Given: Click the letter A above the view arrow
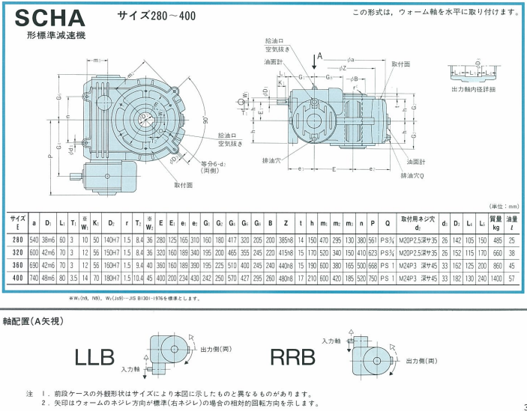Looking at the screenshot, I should click(x=320, y=56).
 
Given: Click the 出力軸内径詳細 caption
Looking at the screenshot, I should click(x=475, y=89).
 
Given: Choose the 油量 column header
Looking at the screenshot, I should click(x=513, y=222).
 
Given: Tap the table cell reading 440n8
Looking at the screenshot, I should click(x=286, y=265).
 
